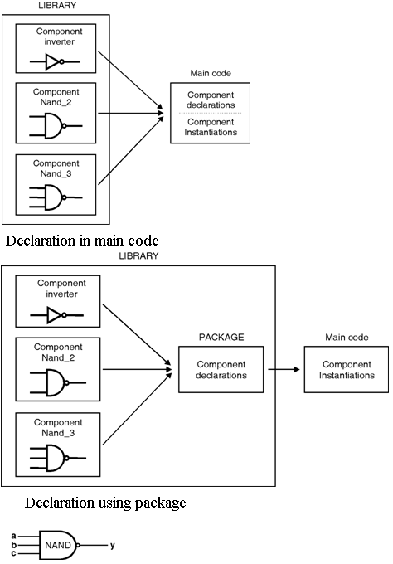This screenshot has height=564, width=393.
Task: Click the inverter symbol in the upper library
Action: (x=55, y=62)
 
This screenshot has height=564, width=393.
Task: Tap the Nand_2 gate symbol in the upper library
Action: (x=56, y=126)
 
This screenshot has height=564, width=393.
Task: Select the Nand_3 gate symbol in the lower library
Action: (x=58, y=458)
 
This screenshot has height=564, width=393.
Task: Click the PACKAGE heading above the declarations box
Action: (x=221, y=337)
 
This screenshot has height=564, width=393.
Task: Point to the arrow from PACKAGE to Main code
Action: (x=284, y=369)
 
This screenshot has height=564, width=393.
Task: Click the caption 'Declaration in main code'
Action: (x=82, y=241)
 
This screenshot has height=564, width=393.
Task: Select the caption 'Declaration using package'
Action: (x=105, y=503)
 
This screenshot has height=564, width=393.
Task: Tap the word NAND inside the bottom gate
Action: (x=58, y=545)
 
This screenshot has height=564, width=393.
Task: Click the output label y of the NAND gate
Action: (x=113, y=546)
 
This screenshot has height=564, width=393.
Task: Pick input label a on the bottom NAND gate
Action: (x=13, y=537)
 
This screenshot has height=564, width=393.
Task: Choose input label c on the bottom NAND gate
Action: (x=13, y=553)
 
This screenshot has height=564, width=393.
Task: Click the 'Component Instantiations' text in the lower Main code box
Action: (x=347, y=370)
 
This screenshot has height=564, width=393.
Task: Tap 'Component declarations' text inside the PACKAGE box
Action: (x=221, y=370)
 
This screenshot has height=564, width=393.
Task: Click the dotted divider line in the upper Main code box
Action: (x=211, y=114)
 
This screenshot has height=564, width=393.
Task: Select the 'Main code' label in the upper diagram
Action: (x=211, y=73)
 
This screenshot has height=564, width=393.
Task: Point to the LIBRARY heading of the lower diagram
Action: (x=138, y=255)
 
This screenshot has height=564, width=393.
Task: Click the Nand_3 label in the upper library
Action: (x=56, y=173)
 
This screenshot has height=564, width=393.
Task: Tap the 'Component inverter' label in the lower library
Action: (x=61, y=289)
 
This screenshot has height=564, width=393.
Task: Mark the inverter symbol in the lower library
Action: (x=57, y=315)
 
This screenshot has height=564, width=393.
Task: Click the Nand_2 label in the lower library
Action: (x=58, y=358)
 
